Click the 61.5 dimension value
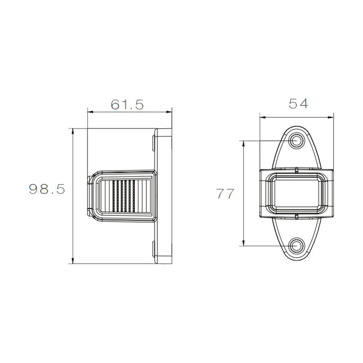(x=127, y=105)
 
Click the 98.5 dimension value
(x=47, y=189)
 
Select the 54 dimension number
(x=298, y=104)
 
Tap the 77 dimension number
(x=225, y=194)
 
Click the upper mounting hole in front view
(x=297, y=141)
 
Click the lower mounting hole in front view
(x=297, y=245)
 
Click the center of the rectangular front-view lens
(x=297, y=192)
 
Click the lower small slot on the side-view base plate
(x=155, y=248)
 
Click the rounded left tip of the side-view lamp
(x=89, y=196)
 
